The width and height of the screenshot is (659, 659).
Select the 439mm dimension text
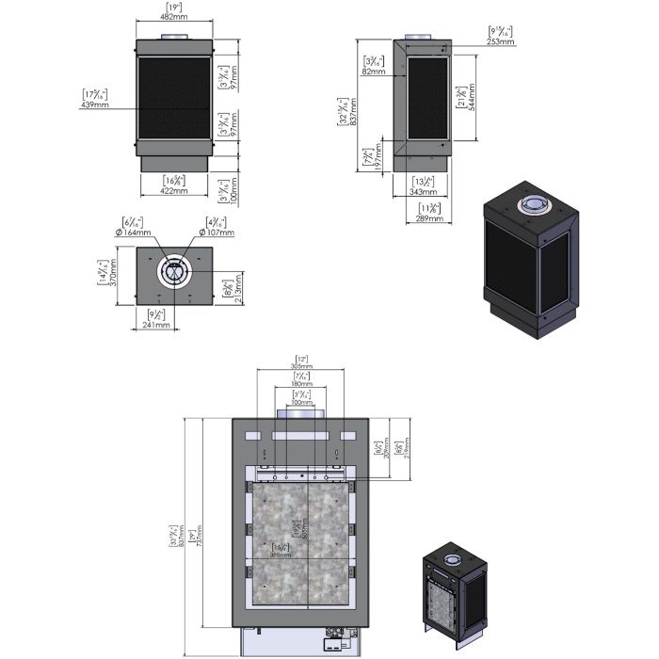click(95, 104)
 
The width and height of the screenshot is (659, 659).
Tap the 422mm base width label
click(174, 190)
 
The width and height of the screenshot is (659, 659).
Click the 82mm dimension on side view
click(374, 72)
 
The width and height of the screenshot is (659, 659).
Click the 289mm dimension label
click(428, 218)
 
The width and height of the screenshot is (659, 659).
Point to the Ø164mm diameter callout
click(135, 233)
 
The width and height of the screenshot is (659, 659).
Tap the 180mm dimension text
click(302, 384)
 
